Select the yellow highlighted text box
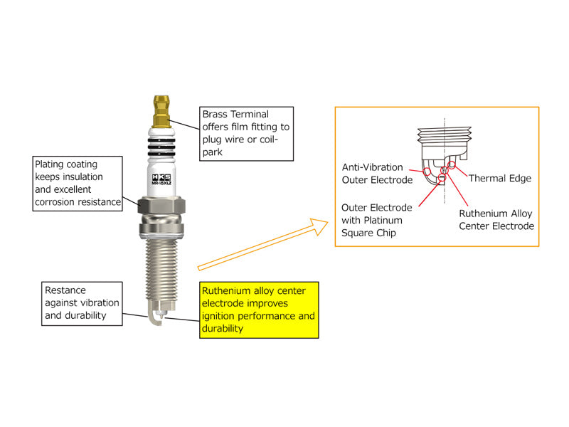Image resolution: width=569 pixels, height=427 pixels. (x=258, y=310)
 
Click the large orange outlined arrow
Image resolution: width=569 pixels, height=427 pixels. (x=263, y=246)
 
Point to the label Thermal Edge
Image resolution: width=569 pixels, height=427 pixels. (x=499, y=179)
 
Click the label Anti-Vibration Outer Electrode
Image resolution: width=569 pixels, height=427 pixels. (x=377, y=174)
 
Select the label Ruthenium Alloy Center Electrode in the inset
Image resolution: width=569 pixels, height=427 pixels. (x=496, y=220)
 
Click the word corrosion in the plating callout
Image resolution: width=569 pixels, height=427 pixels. (x=56, y=202)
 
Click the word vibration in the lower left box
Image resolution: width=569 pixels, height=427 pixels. (x=100, y=303)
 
